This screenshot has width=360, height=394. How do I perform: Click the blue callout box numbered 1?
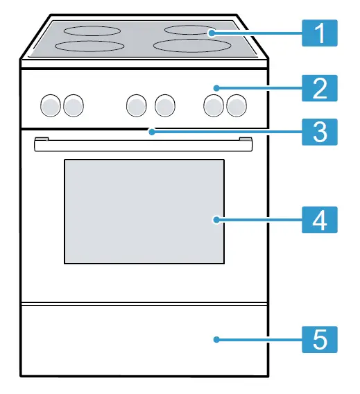pyautogui.click(x=319, y=33)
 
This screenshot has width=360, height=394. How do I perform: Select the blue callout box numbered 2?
pyautogui.click(x=319, y=88)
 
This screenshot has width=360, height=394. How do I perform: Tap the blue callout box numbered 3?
pyautogui.click(x=319, y=132)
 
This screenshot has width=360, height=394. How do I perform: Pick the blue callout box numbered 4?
pyautogui.click(x=319, y=220)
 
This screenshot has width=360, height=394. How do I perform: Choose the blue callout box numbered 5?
pyautogui.click(x=319, y=339)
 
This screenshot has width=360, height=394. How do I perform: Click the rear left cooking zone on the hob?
pyautogui.click(x=92, y=31)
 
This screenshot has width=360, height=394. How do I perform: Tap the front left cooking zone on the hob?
pyautogui.click(x=89, y=46)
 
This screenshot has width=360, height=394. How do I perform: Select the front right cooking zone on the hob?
pyautogui.click(x=192, y=46)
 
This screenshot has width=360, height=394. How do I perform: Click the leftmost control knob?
pyautogui.click(x=51, y=105)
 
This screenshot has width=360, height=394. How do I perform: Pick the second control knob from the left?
pyautogui.click(x=74, y=105)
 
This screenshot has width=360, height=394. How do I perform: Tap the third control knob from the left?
pyautogui.click(x=137, y=105)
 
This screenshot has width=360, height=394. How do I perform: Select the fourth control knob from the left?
pyautogui.click(x=165, y=105)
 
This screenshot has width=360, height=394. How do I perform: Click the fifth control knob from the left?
pyautogui.click(x=214, y=105)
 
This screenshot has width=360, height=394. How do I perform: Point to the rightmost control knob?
pyautogui.click(x=237, y=105)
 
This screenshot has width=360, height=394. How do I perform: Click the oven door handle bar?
pyautogui.click(x=143, y=146)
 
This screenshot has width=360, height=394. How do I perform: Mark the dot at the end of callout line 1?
pyautogui.click(x=212, y=33)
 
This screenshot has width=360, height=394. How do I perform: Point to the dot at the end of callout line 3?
pyautogui.click(x=152, y=132)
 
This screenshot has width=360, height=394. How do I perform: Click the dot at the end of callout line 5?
pyautogui.click(x=216, y=339)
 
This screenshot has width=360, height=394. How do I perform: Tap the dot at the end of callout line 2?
pyautogui.click(x=216, y=88)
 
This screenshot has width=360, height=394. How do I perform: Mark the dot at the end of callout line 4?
pyautogui.click(x=216, y=220)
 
